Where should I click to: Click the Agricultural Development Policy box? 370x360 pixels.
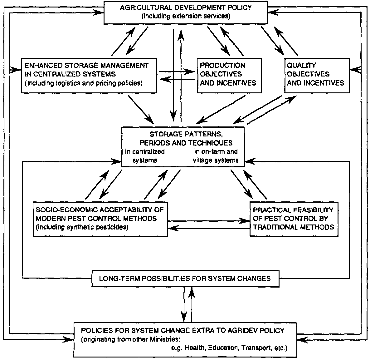[186, 12]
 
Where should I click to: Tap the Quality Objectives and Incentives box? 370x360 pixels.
[316, 75]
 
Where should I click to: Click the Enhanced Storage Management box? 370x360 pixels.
[89, 75]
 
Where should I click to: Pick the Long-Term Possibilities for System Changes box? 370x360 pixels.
[185, 279]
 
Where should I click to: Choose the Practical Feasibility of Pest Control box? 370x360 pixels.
[294, 218]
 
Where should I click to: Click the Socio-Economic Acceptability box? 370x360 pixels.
[100, 218]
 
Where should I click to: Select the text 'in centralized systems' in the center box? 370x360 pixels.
[145, 156]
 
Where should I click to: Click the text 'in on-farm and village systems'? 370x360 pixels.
[216, 156]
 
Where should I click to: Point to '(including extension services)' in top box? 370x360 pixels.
[186, 16]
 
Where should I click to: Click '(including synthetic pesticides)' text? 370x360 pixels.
[82, 227]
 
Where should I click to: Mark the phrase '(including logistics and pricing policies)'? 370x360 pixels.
[84, 83]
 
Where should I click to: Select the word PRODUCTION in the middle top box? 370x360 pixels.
[222, 66]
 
